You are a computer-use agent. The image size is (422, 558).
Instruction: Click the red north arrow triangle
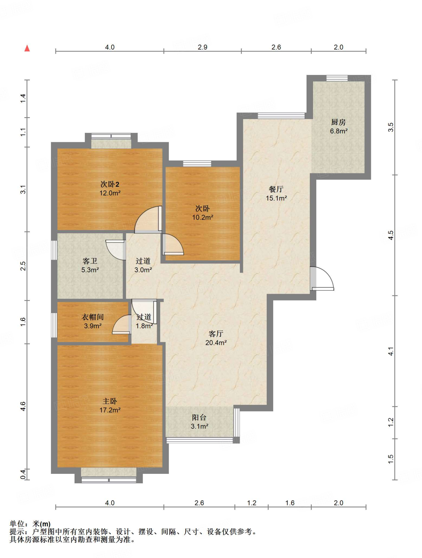click(27, 48)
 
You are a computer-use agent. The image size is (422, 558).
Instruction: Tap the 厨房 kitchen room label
click(338, 122)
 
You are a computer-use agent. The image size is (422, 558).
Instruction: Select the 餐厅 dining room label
click(276, 189)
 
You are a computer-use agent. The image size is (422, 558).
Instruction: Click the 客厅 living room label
click(216, 334)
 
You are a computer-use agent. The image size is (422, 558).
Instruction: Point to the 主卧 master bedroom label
click(110, 401)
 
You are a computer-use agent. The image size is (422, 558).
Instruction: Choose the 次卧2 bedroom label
click(110, 184)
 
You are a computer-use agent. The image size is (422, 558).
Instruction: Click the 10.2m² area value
click(203, 217)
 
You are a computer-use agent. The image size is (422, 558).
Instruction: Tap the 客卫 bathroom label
click(90, 261)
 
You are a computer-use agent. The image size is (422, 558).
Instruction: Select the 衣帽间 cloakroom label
click(93, 317)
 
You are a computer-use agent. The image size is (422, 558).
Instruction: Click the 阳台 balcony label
click(199, 417)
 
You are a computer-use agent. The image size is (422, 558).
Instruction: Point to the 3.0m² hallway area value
click(143, 270)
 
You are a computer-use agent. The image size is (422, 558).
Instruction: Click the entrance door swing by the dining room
click(322, 278)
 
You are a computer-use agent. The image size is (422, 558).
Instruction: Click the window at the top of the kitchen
click(337, 78)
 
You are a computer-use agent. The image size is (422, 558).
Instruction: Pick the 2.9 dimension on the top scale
click(203, 47)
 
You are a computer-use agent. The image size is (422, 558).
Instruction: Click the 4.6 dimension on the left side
click(23, 406)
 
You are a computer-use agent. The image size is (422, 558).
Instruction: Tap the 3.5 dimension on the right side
click(391, 127)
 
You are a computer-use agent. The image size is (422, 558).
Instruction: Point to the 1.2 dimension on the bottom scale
click(252, 503)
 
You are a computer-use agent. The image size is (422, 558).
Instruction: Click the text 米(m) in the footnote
click(41, 524)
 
